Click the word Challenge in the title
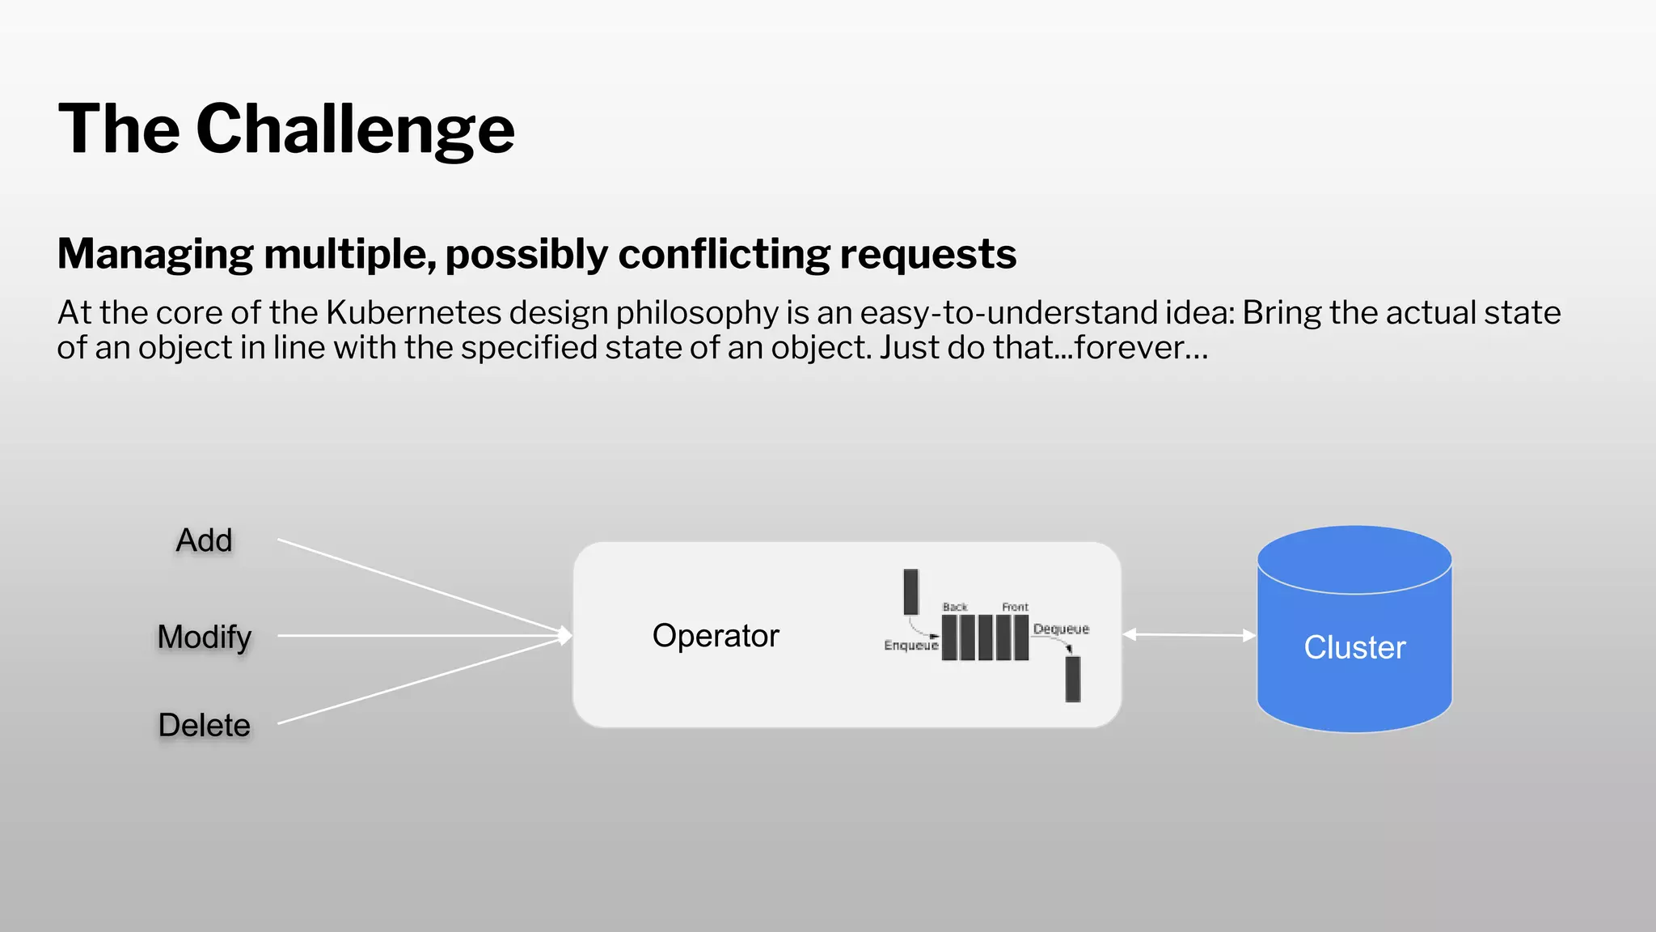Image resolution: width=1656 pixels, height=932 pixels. click(355, 129)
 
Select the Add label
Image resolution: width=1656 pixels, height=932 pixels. click(204, 540)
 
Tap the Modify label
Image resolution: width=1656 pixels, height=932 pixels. click(205, 638)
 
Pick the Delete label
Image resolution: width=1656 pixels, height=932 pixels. click(204, 725)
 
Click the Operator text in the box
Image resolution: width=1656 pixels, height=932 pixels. click(716, 636)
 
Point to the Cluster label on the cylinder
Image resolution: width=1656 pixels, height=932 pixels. click(1354, 647)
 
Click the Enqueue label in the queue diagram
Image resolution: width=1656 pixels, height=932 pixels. click(910, 646)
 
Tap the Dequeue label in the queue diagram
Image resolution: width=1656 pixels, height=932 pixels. click(1061, 629)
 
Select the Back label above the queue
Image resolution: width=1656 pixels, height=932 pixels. click(955, 607)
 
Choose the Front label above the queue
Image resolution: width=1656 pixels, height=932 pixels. click(1015, 607)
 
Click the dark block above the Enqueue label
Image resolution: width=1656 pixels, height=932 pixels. click(911, 591)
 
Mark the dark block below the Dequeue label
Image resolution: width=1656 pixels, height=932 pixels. click(1073, 679)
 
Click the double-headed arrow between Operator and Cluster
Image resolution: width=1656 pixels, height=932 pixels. click(1189, 635)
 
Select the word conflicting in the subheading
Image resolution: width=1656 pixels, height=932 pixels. click(724, 254)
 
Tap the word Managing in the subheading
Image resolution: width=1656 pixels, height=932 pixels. click(155, 254)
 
